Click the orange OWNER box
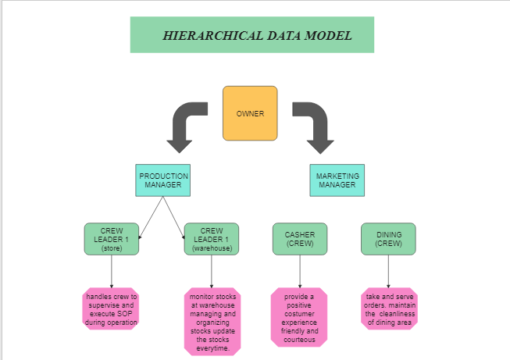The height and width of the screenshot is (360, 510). tap(250, 113)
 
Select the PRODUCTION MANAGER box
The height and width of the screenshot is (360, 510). tap(163, 180)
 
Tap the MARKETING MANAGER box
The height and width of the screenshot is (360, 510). tap(337, 180)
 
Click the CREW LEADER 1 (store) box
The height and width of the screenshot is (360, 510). tap(112, 239)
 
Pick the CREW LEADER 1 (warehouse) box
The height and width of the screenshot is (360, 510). tap(212, 239)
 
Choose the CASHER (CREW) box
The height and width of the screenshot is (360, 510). tap(300, 239)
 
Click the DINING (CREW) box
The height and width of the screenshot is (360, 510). tap(388, 239)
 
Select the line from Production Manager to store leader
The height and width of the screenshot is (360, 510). tap(151, 218)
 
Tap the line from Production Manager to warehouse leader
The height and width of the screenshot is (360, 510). tap(173, 218)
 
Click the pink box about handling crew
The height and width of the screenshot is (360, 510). tap(111, 309)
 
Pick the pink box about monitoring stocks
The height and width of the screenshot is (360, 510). tap(212, 322)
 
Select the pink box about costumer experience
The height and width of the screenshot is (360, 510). tap(299, 317)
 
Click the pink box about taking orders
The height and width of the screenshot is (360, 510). tap(389, 309)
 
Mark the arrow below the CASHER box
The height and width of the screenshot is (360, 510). tap(300, 272)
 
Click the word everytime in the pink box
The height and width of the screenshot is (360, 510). tap(212, 348)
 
